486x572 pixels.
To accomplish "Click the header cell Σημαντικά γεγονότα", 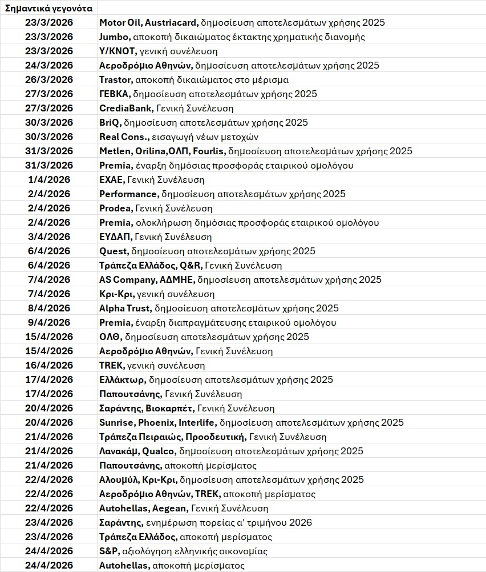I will click(48, 8).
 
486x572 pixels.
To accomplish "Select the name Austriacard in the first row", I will click(171, 23).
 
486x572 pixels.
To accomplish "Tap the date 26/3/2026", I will click(49, 80).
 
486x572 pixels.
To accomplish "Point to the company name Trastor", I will click(116, 80).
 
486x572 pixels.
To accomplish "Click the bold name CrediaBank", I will click(124, 109).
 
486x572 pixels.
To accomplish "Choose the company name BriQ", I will click(110, 123).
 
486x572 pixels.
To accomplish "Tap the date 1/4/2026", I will click(49, 180).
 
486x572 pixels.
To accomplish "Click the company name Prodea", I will click(116, 209).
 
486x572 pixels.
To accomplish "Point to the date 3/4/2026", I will click(49, 237).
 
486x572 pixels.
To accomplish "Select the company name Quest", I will click(113, 251).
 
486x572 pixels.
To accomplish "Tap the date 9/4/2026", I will click(49, 323).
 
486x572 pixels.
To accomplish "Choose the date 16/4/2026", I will click(49, 366).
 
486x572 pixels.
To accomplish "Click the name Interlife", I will click(197, 423).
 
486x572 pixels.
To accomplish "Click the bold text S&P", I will click(108, 551).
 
